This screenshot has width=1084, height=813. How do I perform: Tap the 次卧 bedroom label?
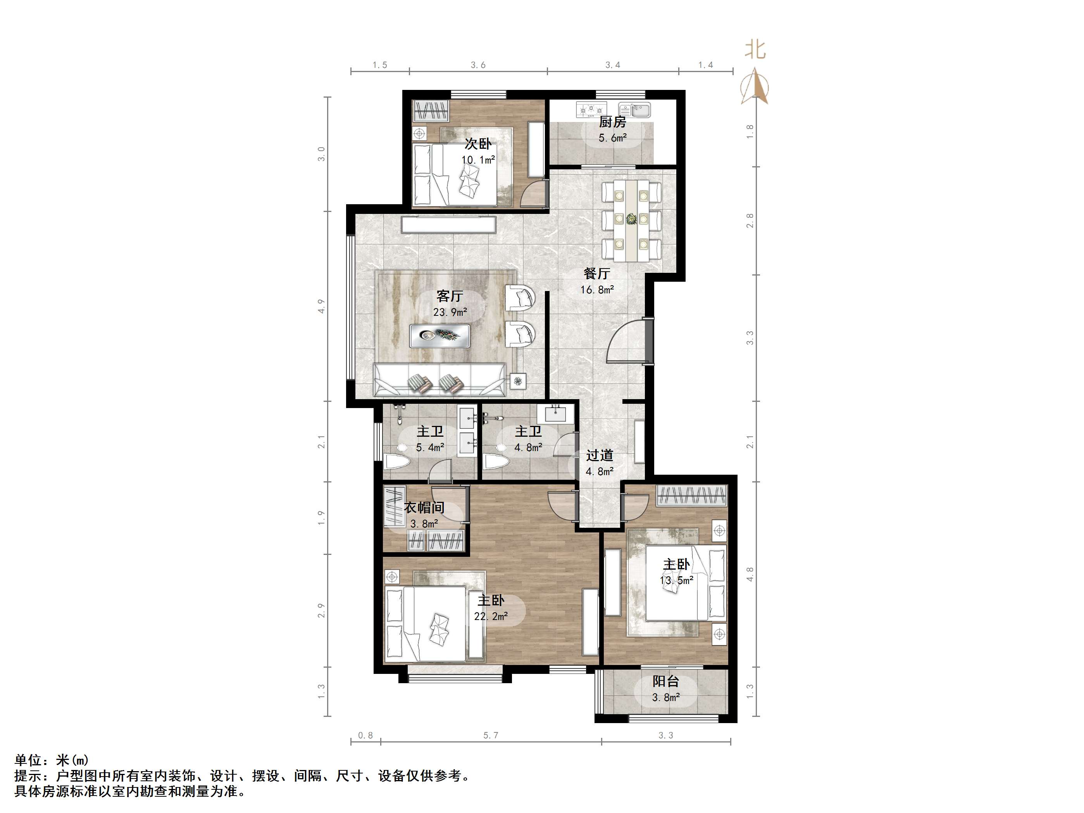click(478, 144)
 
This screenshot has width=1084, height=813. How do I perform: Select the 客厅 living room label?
click(450, 296)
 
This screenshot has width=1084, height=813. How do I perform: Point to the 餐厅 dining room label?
click(596, 274)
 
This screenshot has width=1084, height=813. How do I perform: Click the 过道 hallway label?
click(599, 455)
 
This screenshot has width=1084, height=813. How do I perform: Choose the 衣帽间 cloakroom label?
click(424, 508)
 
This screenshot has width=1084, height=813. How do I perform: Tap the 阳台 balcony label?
click(665, 681)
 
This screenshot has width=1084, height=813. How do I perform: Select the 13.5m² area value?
click(676, 580)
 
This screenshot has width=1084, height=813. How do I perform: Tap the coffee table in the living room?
click(439, 336)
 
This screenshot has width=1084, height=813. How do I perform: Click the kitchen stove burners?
click(591, 110)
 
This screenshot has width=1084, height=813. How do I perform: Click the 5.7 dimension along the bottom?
click(491, 735)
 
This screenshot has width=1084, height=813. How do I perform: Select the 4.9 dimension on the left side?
click(321, 306)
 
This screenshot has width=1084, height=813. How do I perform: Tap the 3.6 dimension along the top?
click(478, 65)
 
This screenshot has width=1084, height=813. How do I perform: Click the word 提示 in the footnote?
click(28, 776)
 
